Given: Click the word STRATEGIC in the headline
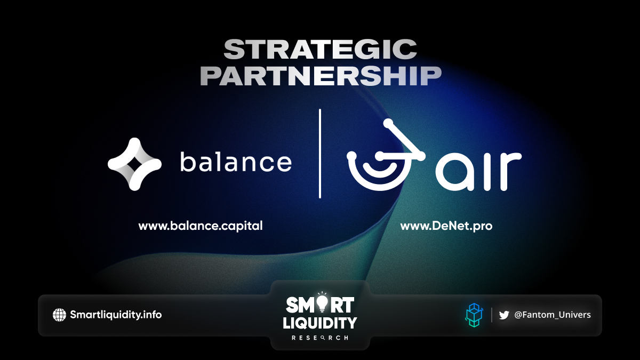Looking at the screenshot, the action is pos(320,50).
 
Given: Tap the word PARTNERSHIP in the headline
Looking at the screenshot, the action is pos(321,76).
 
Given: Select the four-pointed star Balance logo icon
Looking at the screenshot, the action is pos(134,164).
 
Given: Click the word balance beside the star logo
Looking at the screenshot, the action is pos(236,162).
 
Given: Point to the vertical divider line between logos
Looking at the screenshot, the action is pos(320,154).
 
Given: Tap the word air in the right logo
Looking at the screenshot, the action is pos(478,171).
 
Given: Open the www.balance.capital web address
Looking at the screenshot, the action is pos(201,226).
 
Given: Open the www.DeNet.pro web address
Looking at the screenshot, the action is pos(446,226).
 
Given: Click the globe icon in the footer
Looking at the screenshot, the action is pos(59,315).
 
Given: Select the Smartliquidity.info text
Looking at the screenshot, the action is pos(116,315).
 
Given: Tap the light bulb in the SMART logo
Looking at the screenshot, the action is pos(322,303).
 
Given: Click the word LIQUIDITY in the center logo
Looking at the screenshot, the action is pos(320,323).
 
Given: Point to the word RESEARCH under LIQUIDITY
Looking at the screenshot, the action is pos(320,338).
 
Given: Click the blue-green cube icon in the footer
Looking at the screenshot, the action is pos(474,315).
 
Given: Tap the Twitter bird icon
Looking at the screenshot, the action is pos(504,315).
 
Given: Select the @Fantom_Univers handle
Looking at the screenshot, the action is pos(553,315).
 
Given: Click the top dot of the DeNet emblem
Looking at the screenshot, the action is pos(388,123).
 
